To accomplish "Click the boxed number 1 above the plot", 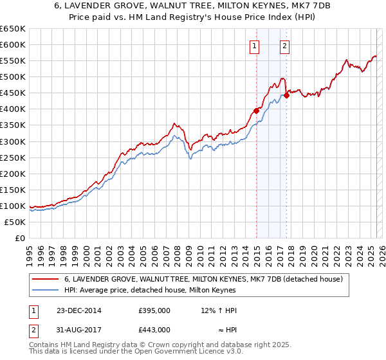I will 255,46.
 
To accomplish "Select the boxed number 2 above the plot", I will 284,46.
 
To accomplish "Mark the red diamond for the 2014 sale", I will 256,111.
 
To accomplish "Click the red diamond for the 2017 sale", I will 287,95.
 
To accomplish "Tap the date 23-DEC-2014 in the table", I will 78,310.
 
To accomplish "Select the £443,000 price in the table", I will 154,330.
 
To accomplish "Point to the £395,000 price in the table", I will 154,310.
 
